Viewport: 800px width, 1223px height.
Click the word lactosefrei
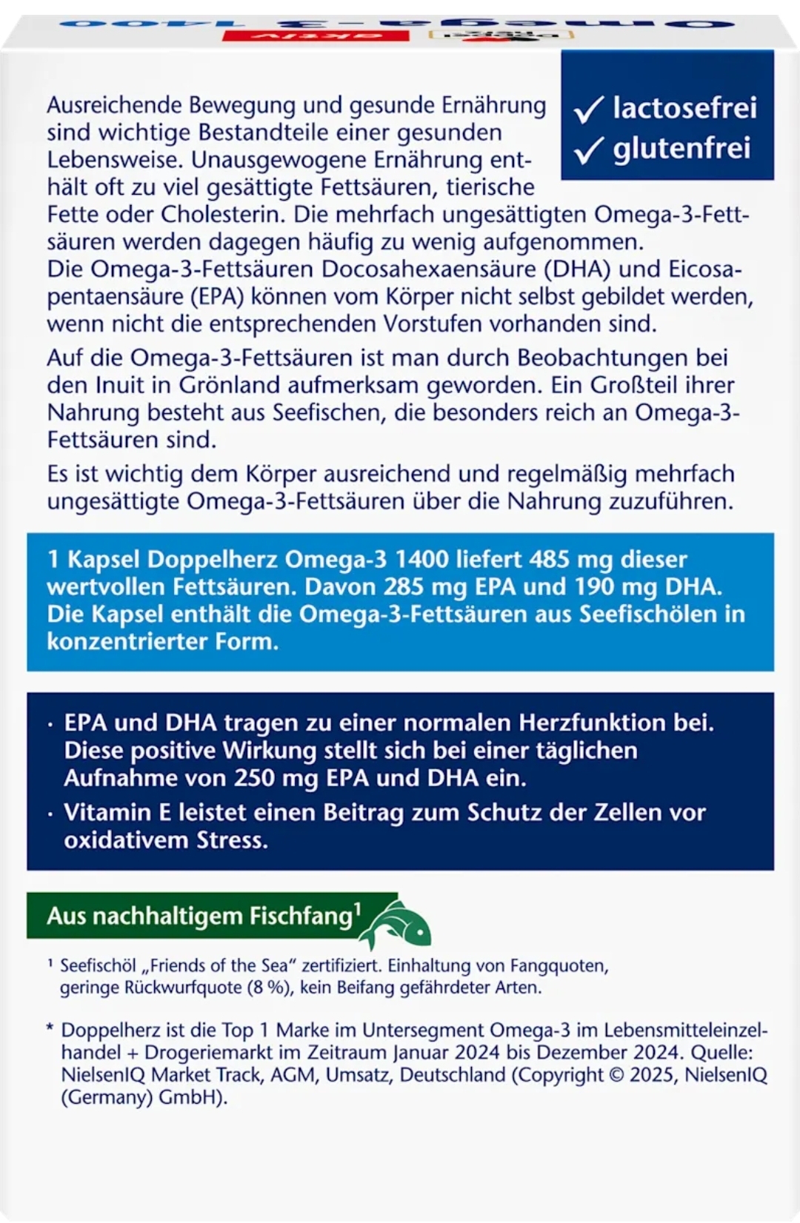[x=684, y=108]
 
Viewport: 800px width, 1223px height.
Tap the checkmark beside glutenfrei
[x=590, y=150]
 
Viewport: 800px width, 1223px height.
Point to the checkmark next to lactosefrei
[x=590, y=110]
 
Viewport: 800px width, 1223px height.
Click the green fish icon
[x=399, y=924]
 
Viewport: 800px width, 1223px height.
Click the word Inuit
[x=124, y=385]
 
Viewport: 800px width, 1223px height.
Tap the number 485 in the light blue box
[x=550, y=559]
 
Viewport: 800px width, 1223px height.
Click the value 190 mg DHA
[x=647, y=586]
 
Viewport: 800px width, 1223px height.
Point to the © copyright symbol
[x=616, y=1075]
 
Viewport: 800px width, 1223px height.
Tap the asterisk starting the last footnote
[x=50, y=1029]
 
